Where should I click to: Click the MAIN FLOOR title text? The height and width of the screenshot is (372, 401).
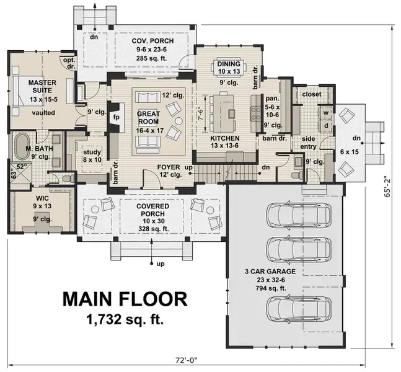click(x=124, y=299)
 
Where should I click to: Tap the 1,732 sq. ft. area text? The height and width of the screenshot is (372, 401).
click(x=124, y=321)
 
